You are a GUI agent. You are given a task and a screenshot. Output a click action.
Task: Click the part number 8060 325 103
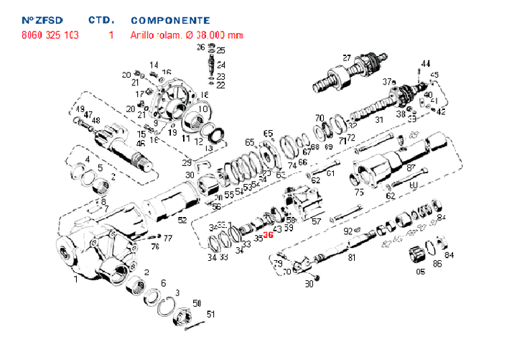pos(50,34)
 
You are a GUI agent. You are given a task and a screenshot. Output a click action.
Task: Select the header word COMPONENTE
pos(170,21)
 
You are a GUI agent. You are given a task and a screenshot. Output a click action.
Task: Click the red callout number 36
pos(269,235)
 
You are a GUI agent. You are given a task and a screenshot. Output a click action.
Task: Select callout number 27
pos(346,58)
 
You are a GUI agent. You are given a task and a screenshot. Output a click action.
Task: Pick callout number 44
pos(426,63)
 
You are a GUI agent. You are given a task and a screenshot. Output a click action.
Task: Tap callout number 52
pos(182,220)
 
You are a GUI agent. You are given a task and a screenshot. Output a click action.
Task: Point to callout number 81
pos(352,257)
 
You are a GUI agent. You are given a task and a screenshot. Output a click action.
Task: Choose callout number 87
pos(411,167)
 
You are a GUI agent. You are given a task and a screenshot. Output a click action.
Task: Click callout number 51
pos(210,313)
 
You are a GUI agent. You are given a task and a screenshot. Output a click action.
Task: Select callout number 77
pos(167,238)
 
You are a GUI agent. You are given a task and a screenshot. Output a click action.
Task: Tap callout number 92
pos(348,231)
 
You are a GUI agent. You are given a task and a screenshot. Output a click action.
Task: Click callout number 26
pos(201,47)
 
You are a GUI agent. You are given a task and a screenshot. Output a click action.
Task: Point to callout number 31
pos(380,120)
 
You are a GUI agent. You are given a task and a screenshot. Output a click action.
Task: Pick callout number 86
pos(437,264)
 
